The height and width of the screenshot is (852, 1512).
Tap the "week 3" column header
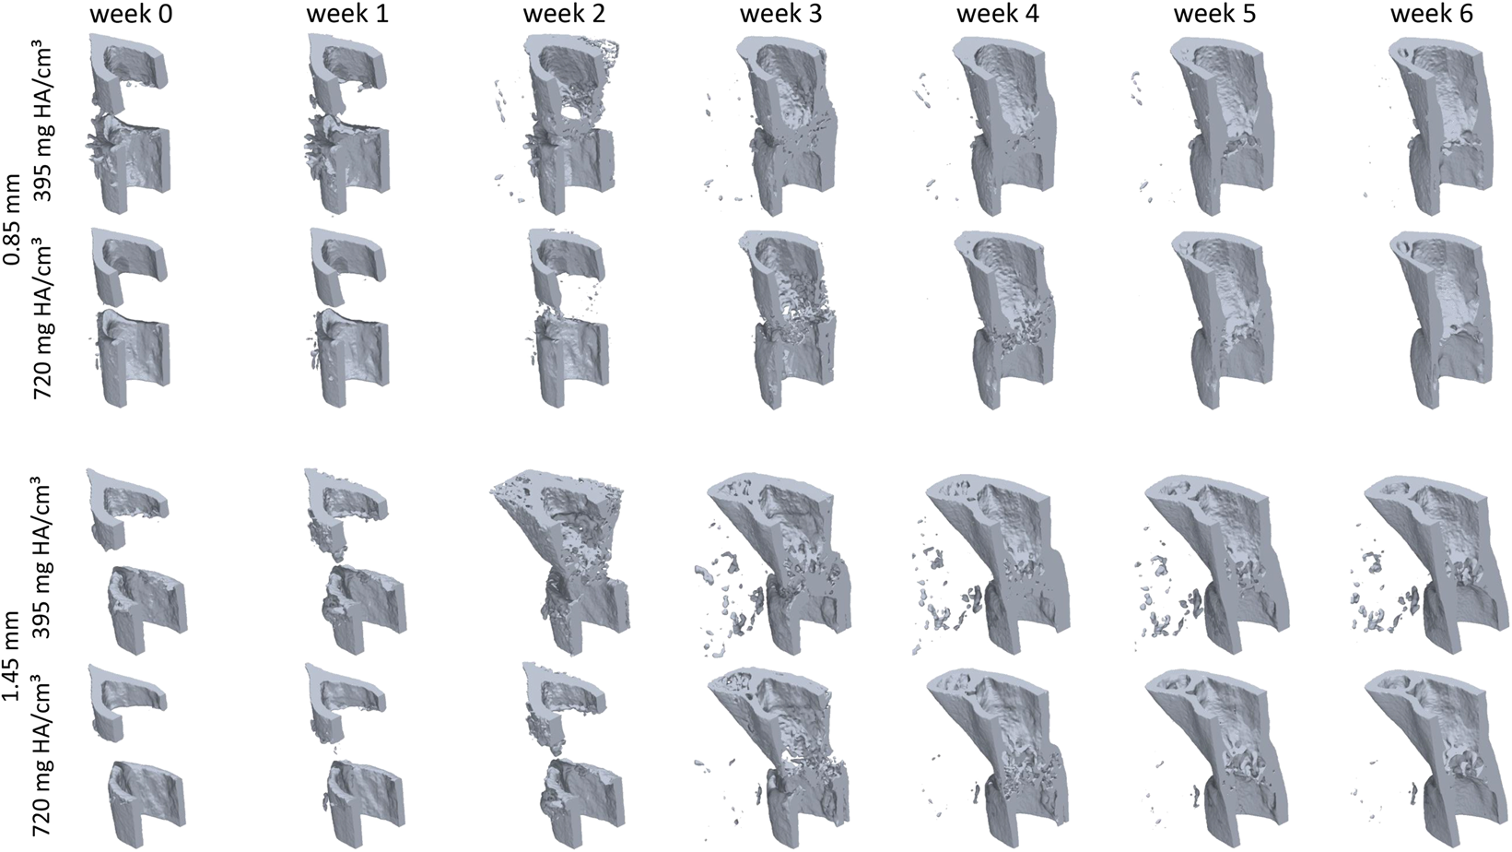point(780,15)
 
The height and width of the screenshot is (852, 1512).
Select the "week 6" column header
point(1431,15)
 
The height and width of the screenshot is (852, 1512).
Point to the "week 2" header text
point(564,15)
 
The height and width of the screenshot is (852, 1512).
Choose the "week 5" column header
point(1214,15)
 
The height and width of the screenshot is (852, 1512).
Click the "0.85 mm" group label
point(13,221)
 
